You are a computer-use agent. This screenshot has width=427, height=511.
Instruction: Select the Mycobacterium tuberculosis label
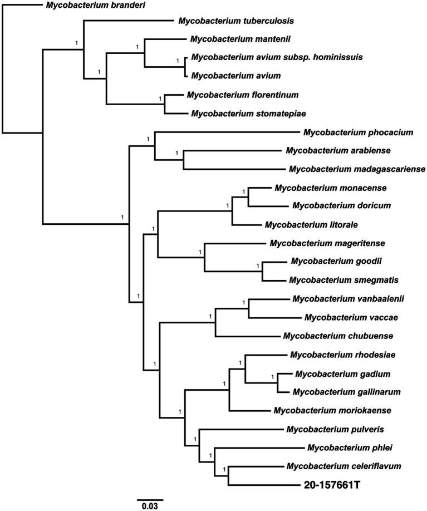coord(236,21)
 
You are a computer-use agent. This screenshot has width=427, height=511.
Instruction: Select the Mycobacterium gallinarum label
coord(338,392)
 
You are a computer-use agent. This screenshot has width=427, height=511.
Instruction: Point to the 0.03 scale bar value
coord(149,506)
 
